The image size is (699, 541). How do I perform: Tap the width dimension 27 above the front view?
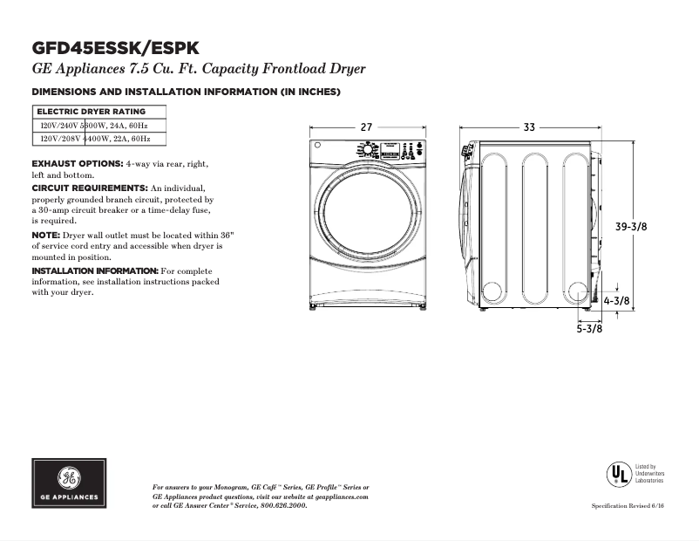pos(366,127)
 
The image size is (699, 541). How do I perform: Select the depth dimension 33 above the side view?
pos(529,127)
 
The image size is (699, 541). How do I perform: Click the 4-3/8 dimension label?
pos(617,301)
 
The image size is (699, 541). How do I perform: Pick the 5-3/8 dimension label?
pos(589,329)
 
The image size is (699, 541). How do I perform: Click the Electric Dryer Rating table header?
pos(91,112)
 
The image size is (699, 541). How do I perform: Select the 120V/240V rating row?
pos(96,126)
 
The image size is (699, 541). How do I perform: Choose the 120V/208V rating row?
pos(96,139)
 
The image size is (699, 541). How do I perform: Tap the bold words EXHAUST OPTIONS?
pos(77,164)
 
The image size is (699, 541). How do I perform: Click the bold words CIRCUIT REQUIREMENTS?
pos(90,188)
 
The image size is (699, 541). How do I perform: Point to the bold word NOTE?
pos(45,236)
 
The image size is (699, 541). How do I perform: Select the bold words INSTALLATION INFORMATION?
pos(95,271)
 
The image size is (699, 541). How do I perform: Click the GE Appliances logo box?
pos(71,483)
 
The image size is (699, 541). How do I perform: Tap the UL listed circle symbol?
pos(618,474)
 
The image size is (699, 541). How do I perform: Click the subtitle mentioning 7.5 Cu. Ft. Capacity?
pos(198,69)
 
